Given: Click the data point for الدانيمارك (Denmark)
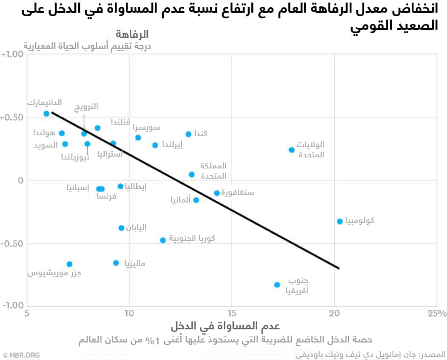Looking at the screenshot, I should pos(46,114).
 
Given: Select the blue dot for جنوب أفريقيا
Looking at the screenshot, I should pos(277,285).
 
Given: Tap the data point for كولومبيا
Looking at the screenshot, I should pos(339,221).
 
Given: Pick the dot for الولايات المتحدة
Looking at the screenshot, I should pos(291,150).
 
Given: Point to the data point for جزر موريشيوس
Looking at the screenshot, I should pos(69,264).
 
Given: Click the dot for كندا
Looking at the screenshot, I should pos(188,134).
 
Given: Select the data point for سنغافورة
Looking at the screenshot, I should pos(216,193).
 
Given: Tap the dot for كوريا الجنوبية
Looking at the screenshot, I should pos(162,240).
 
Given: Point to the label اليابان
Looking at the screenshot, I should pos(136,227).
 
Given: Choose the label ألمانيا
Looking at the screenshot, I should pos(179,199).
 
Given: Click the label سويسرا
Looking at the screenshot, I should pos(147,128).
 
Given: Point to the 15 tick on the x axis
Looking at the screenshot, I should pos(232,314).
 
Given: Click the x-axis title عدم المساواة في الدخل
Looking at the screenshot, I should pos(225,327).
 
